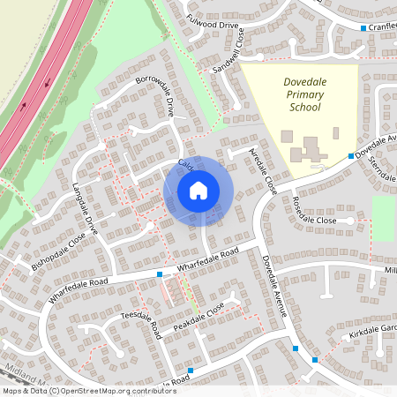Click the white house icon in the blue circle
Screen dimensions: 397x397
(198, 191)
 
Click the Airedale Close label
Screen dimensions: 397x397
(263, 170)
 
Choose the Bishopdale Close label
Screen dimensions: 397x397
(58, 251)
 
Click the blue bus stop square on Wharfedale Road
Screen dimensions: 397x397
(160, 274)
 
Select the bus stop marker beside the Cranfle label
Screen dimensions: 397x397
(363, 28)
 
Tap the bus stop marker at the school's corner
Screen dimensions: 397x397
(350, 155)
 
